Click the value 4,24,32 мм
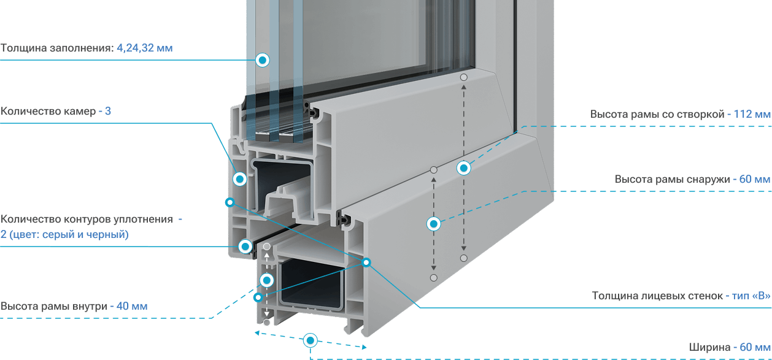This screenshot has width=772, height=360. point(145,48)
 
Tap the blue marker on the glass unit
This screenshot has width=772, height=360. point(262,60)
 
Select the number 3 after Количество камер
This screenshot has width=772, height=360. point(108,111)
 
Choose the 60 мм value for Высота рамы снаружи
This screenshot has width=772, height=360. point(755,179)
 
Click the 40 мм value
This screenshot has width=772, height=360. point(132,306)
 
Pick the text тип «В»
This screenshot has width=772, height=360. point(751,296)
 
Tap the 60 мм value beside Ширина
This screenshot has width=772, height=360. point(755,347)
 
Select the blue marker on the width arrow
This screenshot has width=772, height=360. point(310,341)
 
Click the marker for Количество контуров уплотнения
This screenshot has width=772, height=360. point(245,247)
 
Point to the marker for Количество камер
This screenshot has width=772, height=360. point(239,179)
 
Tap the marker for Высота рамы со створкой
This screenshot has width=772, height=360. point(463,168)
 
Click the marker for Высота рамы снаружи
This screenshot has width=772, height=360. point(434,224)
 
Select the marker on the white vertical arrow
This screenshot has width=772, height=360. point(267,280)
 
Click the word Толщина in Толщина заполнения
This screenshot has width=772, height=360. point(24,48)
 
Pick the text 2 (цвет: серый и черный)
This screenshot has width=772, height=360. point(64,235)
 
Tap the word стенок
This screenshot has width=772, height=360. point(706,296)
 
